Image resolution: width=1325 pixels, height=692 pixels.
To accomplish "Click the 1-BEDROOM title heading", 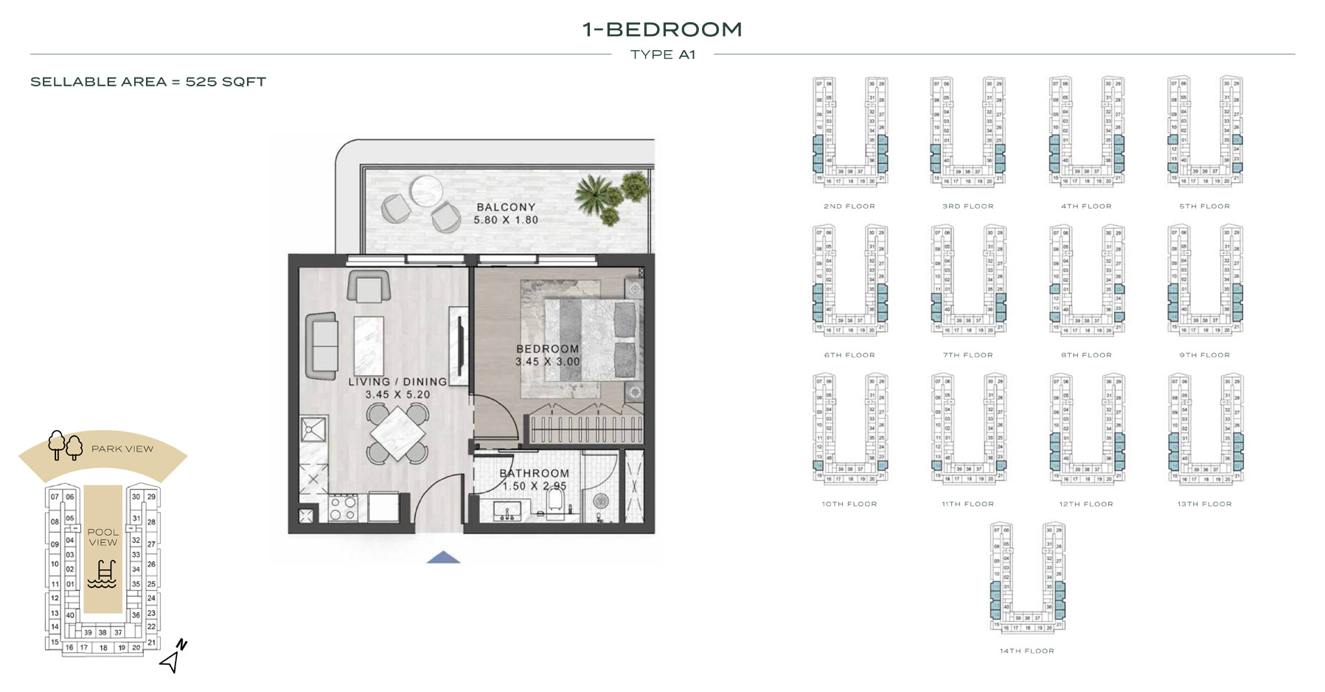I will [x=662, y=30].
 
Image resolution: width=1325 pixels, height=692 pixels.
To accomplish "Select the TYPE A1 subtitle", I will [x=662, y=55].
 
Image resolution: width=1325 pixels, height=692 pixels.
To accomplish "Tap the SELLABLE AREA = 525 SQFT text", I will [x=148, y=82].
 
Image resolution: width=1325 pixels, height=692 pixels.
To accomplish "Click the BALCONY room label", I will [x=506, y=207].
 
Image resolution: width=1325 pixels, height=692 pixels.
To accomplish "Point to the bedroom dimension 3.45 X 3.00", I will [x=547, y=361].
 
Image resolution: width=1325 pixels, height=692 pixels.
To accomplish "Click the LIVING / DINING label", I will [x=397, y=381].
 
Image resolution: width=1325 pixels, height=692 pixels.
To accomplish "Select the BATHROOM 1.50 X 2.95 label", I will [x=534, y=480].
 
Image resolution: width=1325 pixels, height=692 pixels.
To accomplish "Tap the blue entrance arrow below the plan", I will [x=443, y=558].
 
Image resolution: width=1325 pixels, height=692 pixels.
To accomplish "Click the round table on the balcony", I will [x=426, y=190].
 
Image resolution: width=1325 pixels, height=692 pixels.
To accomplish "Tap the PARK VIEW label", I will [x=122, y=449].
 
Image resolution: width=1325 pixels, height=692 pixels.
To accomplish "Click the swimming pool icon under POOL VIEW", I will [x=102, y=574].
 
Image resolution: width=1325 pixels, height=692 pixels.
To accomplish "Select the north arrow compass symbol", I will [x=173, y=657].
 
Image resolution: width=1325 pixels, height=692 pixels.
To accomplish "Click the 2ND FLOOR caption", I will [x=849, y=207].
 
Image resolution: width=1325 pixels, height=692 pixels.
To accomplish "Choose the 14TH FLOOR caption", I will [x=1026, y=651].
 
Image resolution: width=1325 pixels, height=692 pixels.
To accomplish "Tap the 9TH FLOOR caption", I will [x=1204, y=355].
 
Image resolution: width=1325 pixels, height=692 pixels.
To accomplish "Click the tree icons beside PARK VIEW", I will [x=65, y=446].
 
